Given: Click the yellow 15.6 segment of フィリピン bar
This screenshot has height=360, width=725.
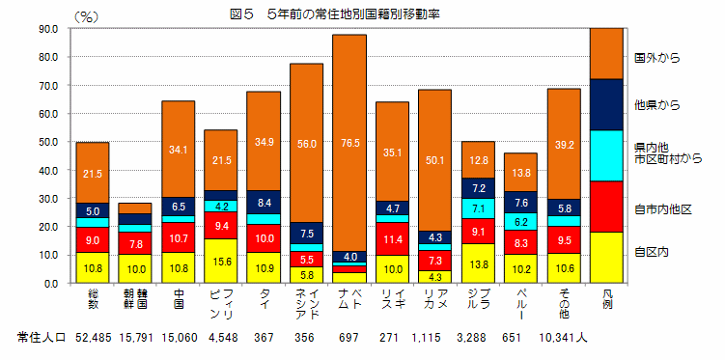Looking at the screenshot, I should coord(221,261).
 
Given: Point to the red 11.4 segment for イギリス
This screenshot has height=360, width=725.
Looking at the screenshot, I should coord(392,238).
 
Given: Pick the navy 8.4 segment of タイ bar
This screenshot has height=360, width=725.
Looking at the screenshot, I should coord(264,203).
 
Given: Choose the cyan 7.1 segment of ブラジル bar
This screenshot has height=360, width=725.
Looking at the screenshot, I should coord(478,208).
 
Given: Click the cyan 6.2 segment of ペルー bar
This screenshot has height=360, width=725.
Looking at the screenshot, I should coord(520,221).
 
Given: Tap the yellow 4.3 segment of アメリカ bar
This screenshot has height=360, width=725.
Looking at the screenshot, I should coord(434,277).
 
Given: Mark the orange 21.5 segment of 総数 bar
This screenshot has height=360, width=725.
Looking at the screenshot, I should coord(93,173).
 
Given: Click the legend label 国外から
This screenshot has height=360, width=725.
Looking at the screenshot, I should coord(657,58).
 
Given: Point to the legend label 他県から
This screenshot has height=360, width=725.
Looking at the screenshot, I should coord(657,103).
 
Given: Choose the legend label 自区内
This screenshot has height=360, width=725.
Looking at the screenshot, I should coord(652,251).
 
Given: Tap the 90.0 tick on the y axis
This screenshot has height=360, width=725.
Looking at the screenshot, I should coord(45,29).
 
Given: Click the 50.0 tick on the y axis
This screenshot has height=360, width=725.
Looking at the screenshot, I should coord(45,143).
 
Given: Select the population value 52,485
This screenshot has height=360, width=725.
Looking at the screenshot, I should coord(94,338).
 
